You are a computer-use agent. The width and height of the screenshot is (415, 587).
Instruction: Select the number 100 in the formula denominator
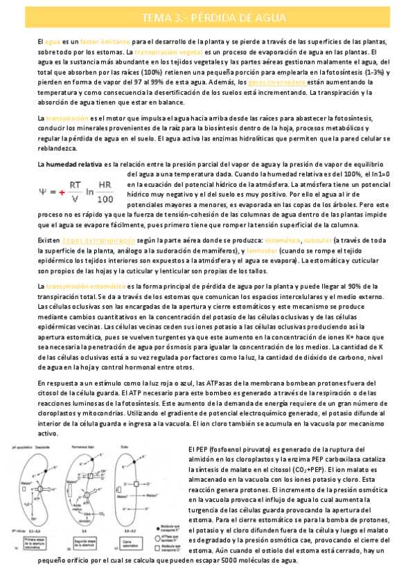[x=106, y=199]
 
